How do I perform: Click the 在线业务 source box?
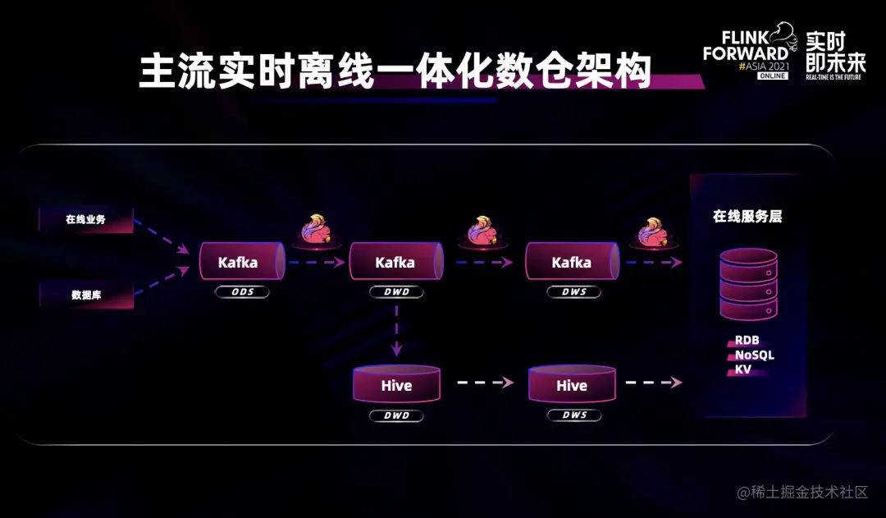point(86,219)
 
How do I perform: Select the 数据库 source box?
point(86,295)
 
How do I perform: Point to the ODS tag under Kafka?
point(241,291)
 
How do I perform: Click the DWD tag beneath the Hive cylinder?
point(396,415)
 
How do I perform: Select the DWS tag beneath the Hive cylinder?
point(574,415)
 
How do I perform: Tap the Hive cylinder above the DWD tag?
point(396,385)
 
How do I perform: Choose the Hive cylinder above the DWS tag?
point(572,385)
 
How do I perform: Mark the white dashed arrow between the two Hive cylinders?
point(484,383)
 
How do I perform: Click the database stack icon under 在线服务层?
point(748,285)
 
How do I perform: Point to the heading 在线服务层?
point(747,217)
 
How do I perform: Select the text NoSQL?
point(754,355)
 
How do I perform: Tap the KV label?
point(742,369)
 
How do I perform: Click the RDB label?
point(747,340)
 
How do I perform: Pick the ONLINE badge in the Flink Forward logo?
point(772,76)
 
